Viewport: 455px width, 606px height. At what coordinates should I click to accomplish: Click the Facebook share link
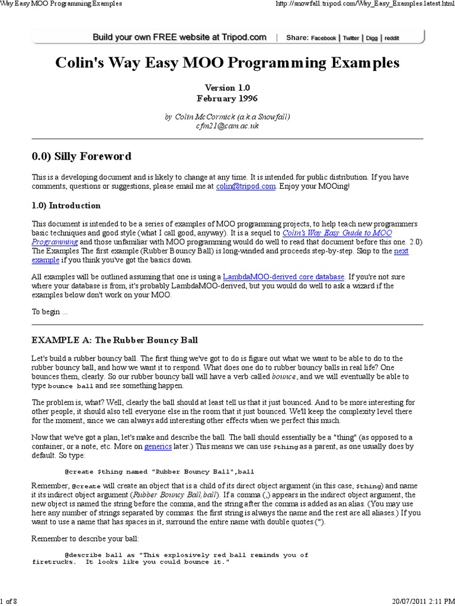pos(323,38)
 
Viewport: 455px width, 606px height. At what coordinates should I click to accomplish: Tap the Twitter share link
pos(351,38)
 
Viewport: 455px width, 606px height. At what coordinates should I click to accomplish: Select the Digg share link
pos(371,38)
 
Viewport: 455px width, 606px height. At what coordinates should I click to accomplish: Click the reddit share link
pos(391,38)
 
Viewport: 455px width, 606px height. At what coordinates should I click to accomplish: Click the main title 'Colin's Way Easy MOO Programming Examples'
pos(227,63)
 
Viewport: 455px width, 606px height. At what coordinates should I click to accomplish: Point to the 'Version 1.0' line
pos(227,87)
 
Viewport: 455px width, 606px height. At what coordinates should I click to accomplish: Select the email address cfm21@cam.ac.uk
pos(227,126)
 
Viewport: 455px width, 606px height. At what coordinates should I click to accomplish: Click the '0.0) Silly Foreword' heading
pos(81,156)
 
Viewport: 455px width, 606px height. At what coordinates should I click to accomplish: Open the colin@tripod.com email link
pos(238,186)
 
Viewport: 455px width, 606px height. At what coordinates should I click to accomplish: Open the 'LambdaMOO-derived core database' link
pos(283,276)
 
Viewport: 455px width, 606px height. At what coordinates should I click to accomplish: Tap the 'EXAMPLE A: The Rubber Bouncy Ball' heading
pos(114,340)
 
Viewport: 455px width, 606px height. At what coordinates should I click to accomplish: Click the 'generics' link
pos(158,447)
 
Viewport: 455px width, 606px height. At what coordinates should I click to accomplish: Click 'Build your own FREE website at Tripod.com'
pos(180,37)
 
